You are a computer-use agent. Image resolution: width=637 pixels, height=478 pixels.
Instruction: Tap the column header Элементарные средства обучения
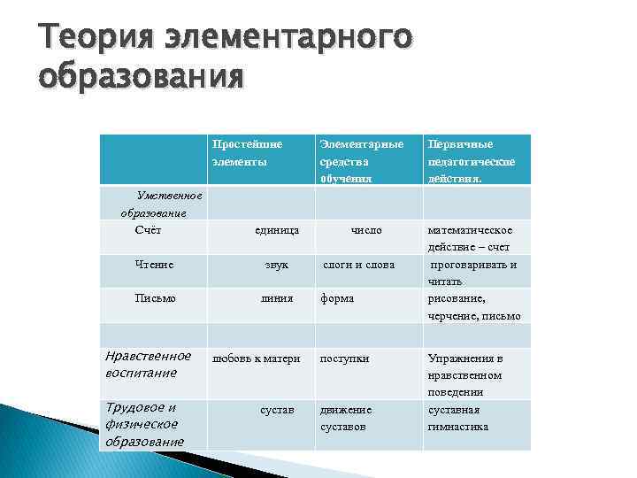pos(361,160)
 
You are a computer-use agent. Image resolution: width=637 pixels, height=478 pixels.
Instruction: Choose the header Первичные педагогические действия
pos(472,160)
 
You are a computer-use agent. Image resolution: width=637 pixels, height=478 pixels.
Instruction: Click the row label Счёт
pos(148,230)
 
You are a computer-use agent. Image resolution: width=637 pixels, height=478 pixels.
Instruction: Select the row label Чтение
pos(154,264)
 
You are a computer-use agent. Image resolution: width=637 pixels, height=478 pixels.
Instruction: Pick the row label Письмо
pos(155,298)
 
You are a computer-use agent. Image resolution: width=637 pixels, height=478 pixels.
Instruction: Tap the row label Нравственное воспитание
pos(148,364)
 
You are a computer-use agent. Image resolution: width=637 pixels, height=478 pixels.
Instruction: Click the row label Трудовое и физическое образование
pos(144,424)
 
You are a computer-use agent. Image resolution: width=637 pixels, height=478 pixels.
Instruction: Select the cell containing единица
pos(276,230)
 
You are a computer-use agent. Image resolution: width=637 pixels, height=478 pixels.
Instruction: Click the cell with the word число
pos(365,230)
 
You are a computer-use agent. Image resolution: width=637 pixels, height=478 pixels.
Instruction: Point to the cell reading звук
pos(277,264)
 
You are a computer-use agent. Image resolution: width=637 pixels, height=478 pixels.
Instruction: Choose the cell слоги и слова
pos(358,264)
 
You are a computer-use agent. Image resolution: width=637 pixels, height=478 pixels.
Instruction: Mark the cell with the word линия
pos(276,298)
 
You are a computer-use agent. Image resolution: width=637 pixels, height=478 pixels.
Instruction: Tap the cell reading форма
pos(337,298)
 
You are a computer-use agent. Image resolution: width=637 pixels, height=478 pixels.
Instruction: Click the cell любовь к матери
pos(257,358)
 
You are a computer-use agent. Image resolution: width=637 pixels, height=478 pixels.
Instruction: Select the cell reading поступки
pos(345,358)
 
